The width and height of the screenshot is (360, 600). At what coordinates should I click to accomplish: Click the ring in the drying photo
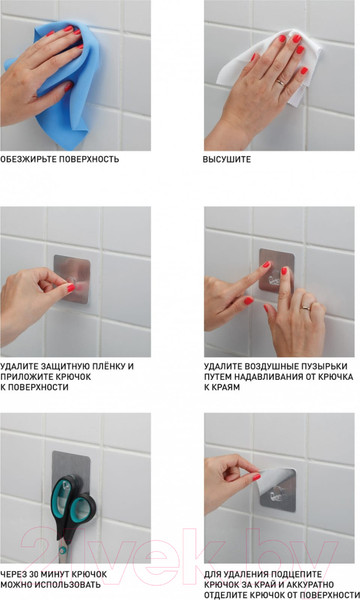pos(280,82)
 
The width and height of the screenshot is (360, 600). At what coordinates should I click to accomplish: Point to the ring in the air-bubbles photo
pos(306,307)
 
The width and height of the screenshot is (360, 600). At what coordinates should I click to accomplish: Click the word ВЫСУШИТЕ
pos(227,160)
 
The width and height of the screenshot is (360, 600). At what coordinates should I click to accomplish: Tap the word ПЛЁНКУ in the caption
pos(106,367)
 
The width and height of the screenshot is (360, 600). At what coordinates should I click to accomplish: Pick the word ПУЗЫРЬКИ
pos(323,367)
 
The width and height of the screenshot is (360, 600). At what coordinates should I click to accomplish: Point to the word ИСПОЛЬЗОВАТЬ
pos(68,585)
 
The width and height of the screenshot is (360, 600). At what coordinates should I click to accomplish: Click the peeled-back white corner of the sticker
pos(274,479)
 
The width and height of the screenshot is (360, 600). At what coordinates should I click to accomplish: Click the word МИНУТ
pos(55,574)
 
